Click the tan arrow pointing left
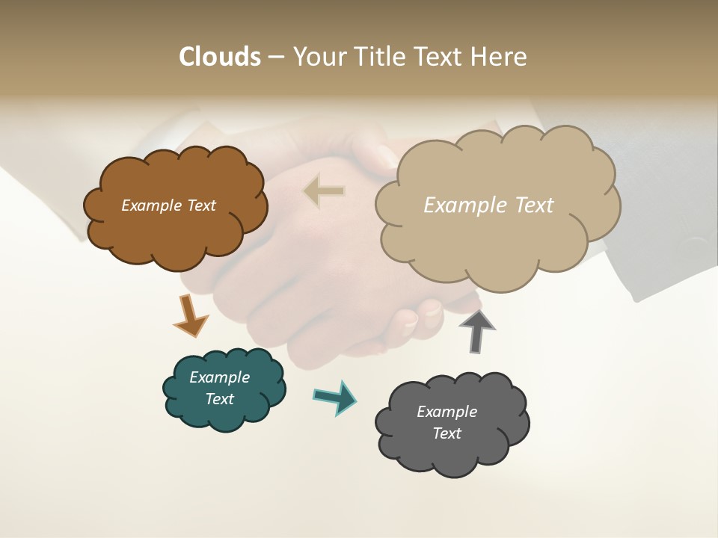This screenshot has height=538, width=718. point(324,191)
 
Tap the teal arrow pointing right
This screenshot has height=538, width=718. point(336,397)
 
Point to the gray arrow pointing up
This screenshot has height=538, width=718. point(476,331)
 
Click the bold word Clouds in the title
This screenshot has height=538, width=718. point(219,57)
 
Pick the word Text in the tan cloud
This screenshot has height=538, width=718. point(530,205)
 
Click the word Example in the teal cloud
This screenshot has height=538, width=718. point(219,377)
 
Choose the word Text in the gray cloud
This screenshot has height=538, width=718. point(447,433)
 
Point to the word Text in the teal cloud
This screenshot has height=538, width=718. point(219,399)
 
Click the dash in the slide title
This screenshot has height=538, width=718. point(276,57)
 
